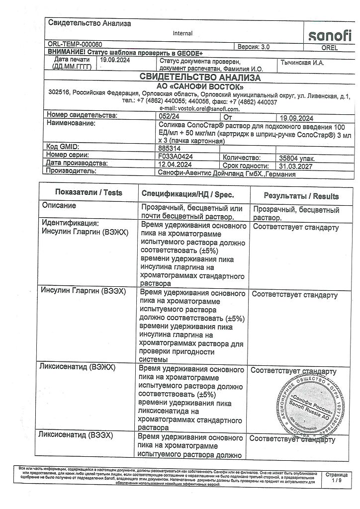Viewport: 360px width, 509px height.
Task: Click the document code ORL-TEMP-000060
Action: pos(74,45)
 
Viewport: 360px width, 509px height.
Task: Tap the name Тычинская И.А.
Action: pos(303,62)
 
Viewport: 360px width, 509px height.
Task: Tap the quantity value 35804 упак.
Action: pos(297,158)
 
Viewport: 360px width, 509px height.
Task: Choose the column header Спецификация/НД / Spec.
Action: pos(187,194)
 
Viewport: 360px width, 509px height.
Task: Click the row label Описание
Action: pos(59,205)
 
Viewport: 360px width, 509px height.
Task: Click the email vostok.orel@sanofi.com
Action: pos(199,108)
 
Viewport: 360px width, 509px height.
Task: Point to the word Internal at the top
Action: pos(182,33)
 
